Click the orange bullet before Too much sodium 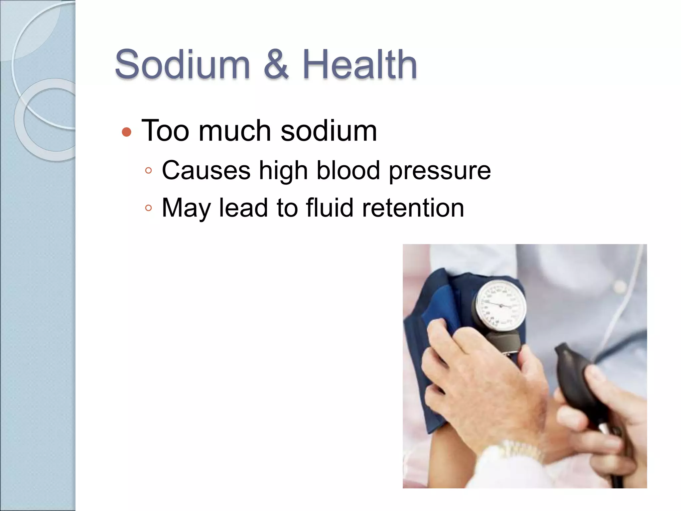click(127, 132)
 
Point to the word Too click(165, 131)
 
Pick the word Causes click(206, 170)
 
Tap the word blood click(348, 170)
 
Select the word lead click(243, 208)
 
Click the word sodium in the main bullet click(329, 131)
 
